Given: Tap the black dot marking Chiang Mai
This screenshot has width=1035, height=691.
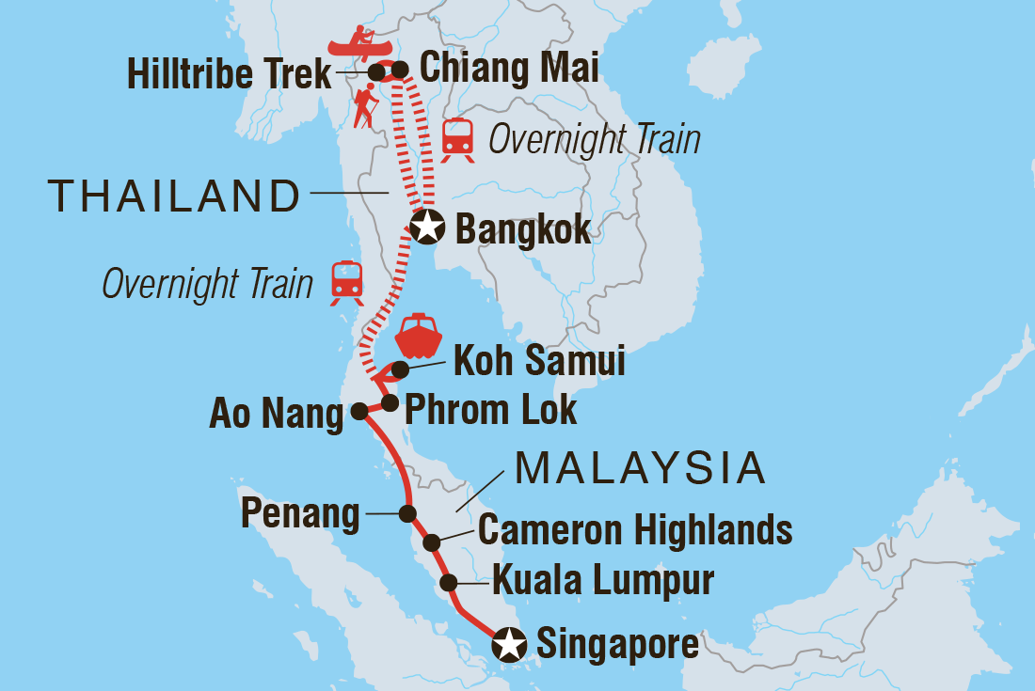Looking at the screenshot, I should tap(400, 69).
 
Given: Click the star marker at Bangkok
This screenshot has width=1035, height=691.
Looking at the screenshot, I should tap(427, 227).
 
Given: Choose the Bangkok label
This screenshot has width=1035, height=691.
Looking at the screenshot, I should tap(523, 228).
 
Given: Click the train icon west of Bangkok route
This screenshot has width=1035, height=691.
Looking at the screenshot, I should tap(346, 282).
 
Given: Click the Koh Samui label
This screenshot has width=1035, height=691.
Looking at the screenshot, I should tap(539, 362).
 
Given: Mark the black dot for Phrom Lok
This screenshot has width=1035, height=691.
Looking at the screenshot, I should tap(390, 402).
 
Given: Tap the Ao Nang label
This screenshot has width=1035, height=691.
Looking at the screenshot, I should tap(277, 414).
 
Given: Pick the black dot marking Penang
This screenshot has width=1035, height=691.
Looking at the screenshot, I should tap(407, 513).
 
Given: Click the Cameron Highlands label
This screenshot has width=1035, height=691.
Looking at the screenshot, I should tap(635, 530).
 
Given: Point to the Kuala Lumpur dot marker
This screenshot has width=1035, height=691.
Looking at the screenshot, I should tap(451, 581).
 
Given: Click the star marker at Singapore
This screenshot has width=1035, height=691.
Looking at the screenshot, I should tap(509, 645).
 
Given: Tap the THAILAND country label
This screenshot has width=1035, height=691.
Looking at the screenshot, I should tap(174, 196).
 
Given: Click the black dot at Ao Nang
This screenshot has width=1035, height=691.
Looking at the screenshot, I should tap(358, 410).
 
